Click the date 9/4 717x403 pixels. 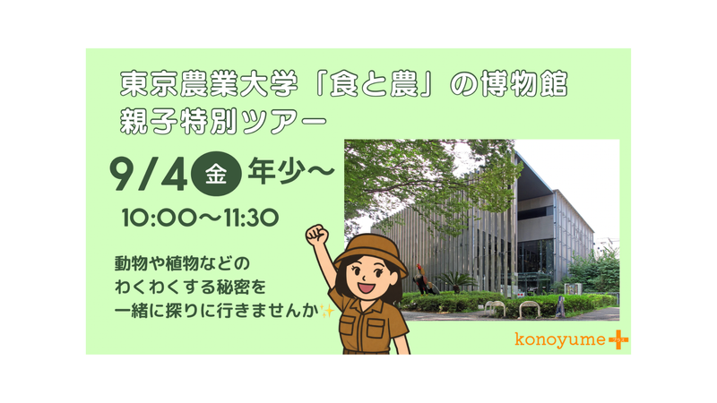coord(149,174)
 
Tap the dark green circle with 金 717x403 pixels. coord(216,174)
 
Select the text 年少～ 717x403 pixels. coord(291,172)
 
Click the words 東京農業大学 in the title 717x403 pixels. coord(209,84)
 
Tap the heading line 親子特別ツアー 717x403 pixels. coord(223,122)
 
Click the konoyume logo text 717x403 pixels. coord(559,339)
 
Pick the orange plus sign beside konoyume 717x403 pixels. coord(618,340)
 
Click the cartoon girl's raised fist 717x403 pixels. coord(317,236)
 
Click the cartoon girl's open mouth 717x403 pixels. coord(367,287)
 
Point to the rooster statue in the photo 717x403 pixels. coord(424,279)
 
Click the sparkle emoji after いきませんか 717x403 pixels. coord(327,311)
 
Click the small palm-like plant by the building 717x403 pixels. coord(455,280)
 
